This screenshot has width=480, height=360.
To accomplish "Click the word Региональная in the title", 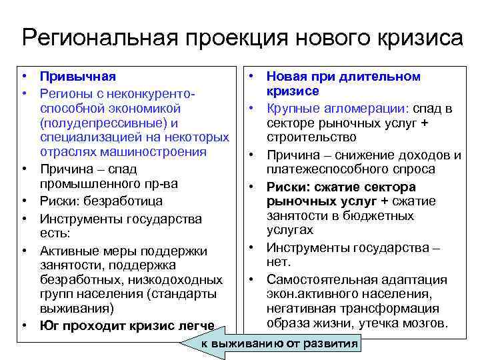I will coord(98,37).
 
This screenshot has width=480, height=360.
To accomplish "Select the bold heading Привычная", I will coord(77,77).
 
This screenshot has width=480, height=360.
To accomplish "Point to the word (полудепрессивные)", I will coord(102,123).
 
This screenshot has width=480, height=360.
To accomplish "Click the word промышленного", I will coord(89,183).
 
